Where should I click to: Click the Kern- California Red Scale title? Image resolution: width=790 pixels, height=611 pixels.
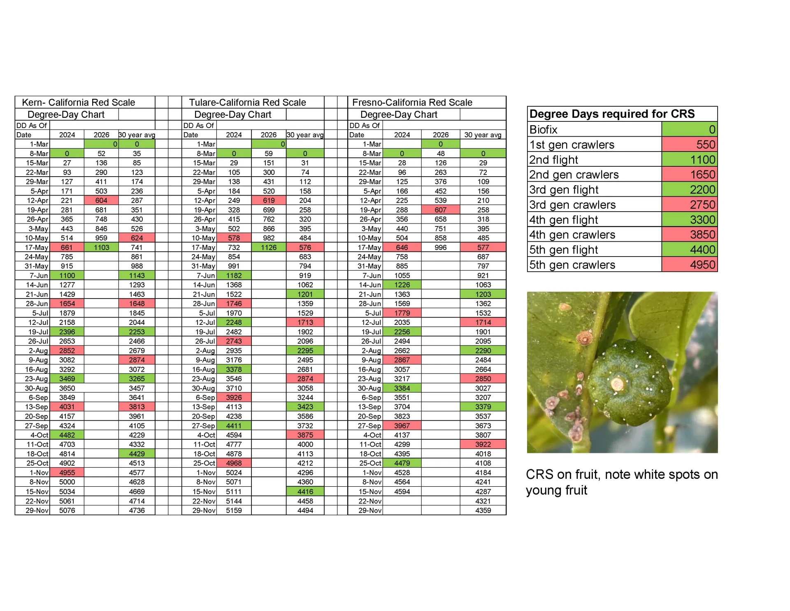click(78, 103)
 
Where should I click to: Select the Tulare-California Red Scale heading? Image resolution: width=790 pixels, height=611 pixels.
click(247, 103)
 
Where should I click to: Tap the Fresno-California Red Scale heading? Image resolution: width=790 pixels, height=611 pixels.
click(412, 103)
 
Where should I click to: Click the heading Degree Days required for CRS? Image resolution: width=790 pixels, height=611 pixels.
click(612, 114)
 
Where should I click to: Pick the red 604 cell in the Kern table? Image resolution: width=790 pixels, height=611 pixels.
click(101, 201)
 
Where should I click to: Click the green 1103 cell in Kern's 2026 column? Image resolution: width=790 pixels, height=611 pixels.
click(101, 247)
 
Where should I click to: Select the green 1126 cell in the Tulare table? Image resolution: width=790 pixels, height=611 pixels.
click(269, 247)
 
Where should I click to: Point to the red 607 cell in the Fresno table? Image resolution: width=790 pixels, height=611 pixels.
click(441, 210)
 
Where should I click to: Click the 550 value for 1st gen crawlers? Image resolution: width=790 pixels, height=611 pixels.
click(706, 145)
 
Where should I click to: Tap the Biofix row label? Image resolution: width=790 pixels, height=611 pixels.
click(543, 130)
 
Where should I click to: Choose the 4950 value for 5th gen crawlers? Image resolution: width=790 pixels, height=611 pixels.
click(703, 265)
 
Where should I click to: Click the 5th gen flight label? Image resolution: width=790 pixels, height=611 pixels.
click(563, 250)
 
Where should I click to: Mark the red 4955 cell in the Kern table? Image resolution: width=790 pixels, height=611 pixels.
click(67, 473)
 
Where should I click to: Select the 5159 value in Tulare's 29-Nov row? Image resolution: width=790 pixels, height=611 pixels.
click(234, 511)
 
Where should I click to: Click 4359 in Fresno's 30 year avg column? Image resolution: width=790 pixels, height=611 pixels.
click(483, 511)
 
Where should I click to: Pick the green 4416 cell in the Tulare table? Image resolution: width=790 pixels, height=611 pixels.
click(305, 492)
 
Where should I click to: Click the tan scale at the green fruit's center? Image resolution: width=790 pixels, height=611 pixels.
click(617, 384)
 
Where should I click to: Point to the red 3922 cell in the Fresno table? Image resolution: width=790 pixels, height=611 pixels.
click(483, 445)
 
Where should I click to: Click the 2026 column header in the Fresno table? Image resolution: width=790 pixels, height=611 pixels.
click(441, 135)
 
